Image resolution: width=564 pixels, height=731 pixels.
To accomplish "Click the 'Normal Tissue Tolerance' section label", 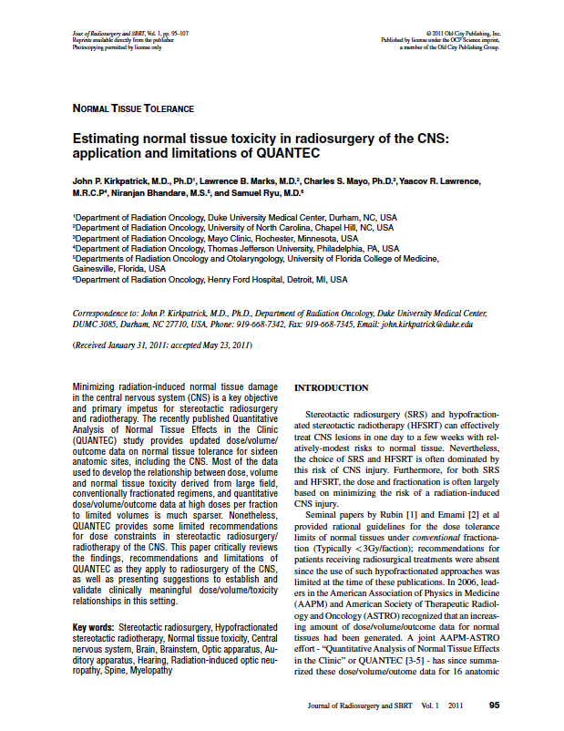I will tap(133, 108).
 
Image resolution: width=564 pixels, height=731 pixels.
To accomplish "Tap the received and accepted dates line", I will tap(162, 346).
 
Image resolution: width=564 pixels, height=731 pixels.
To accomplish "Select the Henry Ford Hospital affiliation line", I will tap(210, 280).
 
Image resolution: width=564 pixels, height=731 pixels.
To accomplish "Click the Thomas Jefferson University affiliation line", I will tap(236, 248).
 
